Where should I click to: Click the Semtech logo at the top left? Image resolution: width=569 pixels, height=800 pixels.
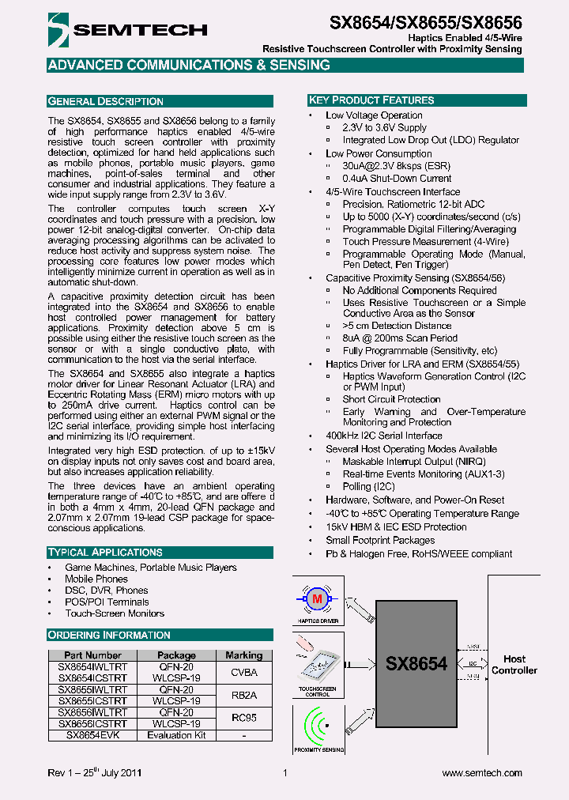pyautogui.click(x=126, y=30)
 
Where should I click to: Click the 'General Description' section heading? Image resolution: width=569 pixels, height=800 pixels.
pyautogui.click(x=106, y=101)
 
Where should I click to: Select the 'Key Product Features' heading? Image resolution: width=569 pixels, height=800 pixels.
pyautogui.click(x=371, y=100)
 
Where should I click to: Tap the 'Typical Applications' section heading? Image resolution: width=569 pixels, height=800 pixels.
pyautogui.click(x=105, y=553)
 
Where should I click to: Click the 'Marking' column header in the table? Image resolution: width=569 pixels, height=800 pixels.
pyautogui.click(x=243, y=655)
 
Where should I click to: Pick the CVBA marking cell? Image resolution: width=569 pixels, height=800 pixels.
pyautogui.click(x=243, y=673)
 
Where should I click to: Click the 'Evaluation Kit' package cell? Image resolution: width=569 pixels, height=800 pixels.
pyautogui.click(x=176, y=735)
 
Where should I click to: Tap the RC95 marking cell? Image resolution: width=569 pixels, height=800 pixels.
pyautogui.click(x=243, y=718)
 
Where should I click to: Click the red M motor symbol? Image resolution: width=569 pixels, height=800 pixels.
pyautogui.click(x=318, y=599)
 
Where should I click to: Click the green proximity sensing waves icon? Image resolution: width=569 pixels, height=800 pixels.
pyautogui.click(x=318, y=726)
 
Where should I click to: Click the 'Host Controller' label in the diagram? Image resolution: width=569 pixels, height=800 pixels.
pyautogui.click(x=514, y=665)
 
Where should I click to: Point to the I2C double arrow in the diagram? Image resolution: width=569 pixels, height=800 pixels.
pyautogui.click(x=473, y=664)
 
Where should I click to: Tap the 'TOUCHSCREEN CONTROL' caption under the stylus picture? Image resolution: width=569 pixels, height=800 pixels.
pyautogui.click(x=318, y=692)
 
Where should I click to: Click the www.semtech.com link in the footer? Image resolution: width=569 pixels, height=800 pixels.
pyautogui.click(x=481, y=773)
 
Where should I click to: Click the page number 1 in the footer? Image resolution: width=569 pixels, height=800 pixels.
pyautogui.click(x=284, y=773)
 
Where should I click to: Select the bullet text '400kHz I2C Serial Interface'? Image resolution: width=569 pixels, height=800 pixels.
pyautogui.click(x=384, y=436)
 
